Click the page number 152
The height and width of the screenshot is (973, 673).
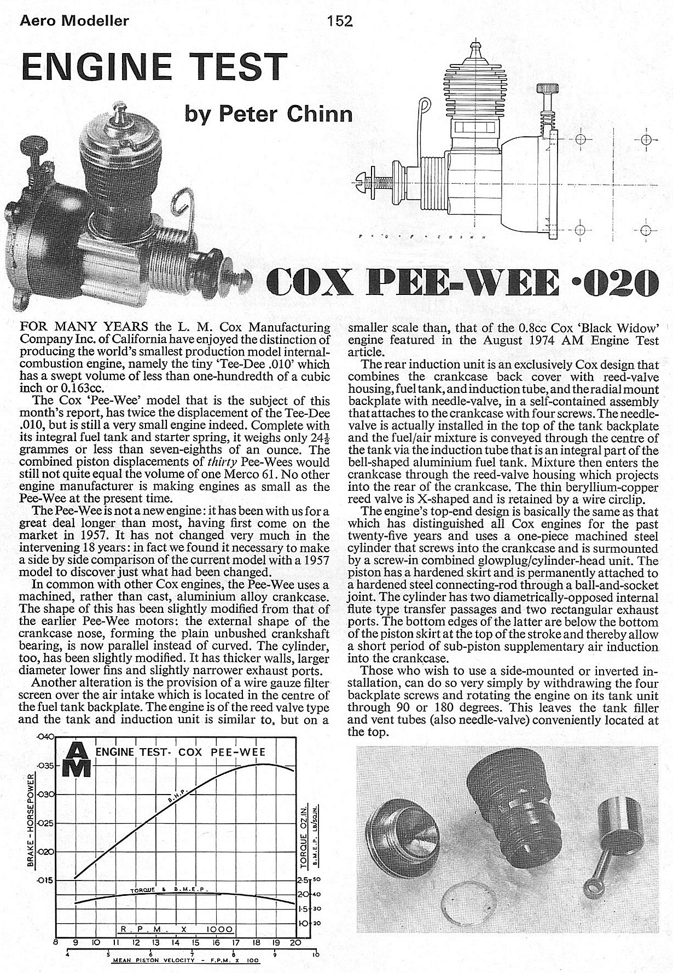[x=339, y=21]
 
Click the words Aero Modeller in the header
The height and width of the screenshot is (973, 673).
[x=73, y=21]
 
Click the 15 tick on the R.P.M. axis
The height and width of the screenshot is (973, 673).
[x=195, y=943]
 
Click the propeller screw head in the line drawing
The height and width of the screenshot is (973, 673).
[x=358, y=179]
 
